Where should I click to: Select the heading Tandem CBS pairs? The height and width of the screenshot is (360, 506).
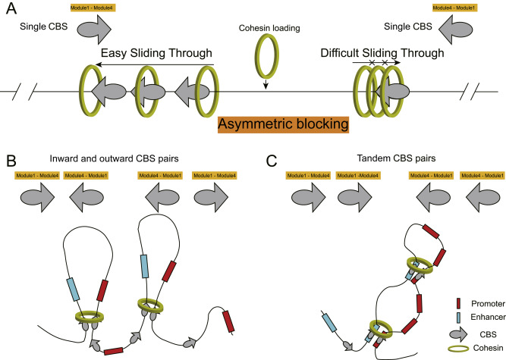[x=387, y=160]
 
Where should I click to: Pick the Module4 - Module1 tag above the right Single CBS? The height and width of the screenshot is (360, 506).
[x=454, y=9]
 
